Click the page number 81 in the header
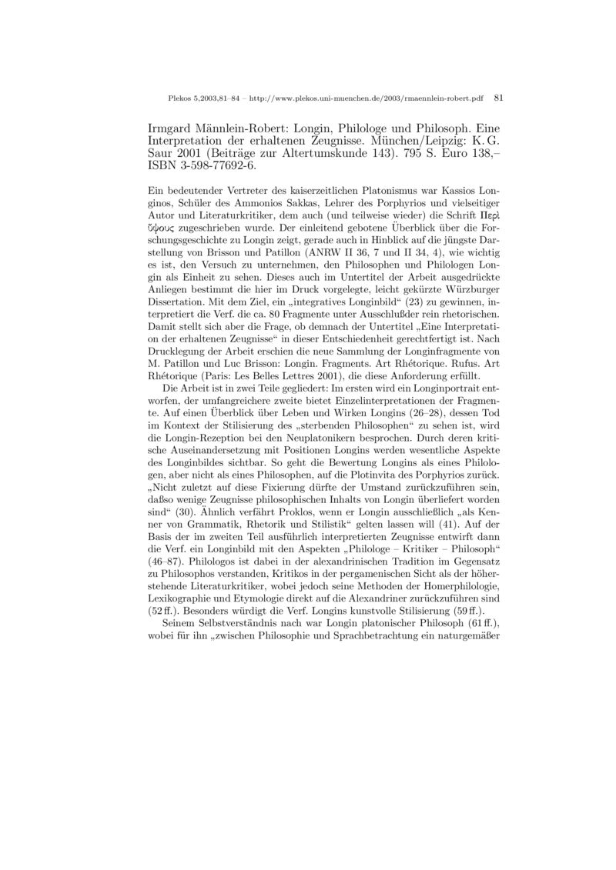click(497, 98)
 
